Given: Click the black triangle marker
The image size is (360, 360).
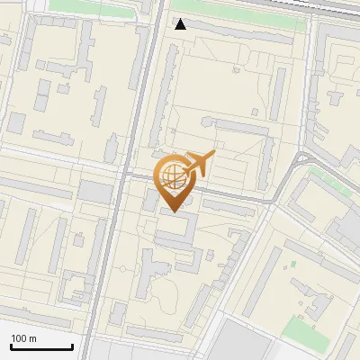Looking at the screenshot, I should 181,24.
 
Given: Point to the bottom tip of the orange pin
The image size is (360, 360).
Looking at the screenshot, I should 174,211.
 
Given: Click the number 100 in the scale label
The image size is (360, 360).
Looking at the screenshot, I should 19,338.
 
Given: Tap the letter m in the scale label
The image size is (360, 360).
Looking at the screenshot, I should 32,338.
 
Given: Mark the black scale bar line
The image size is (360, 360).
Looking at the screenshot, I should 41,346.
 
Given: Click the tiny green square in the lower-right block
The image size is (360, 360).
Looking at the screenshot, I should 292,265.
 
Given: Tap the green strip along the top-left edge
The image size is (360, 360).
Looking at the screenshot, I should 90,5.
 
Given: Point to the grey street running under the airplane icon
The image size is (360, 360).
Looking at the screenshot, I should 225,192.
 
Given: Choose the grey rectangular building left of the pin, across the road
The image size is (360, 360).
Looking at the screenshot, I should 94,191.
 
